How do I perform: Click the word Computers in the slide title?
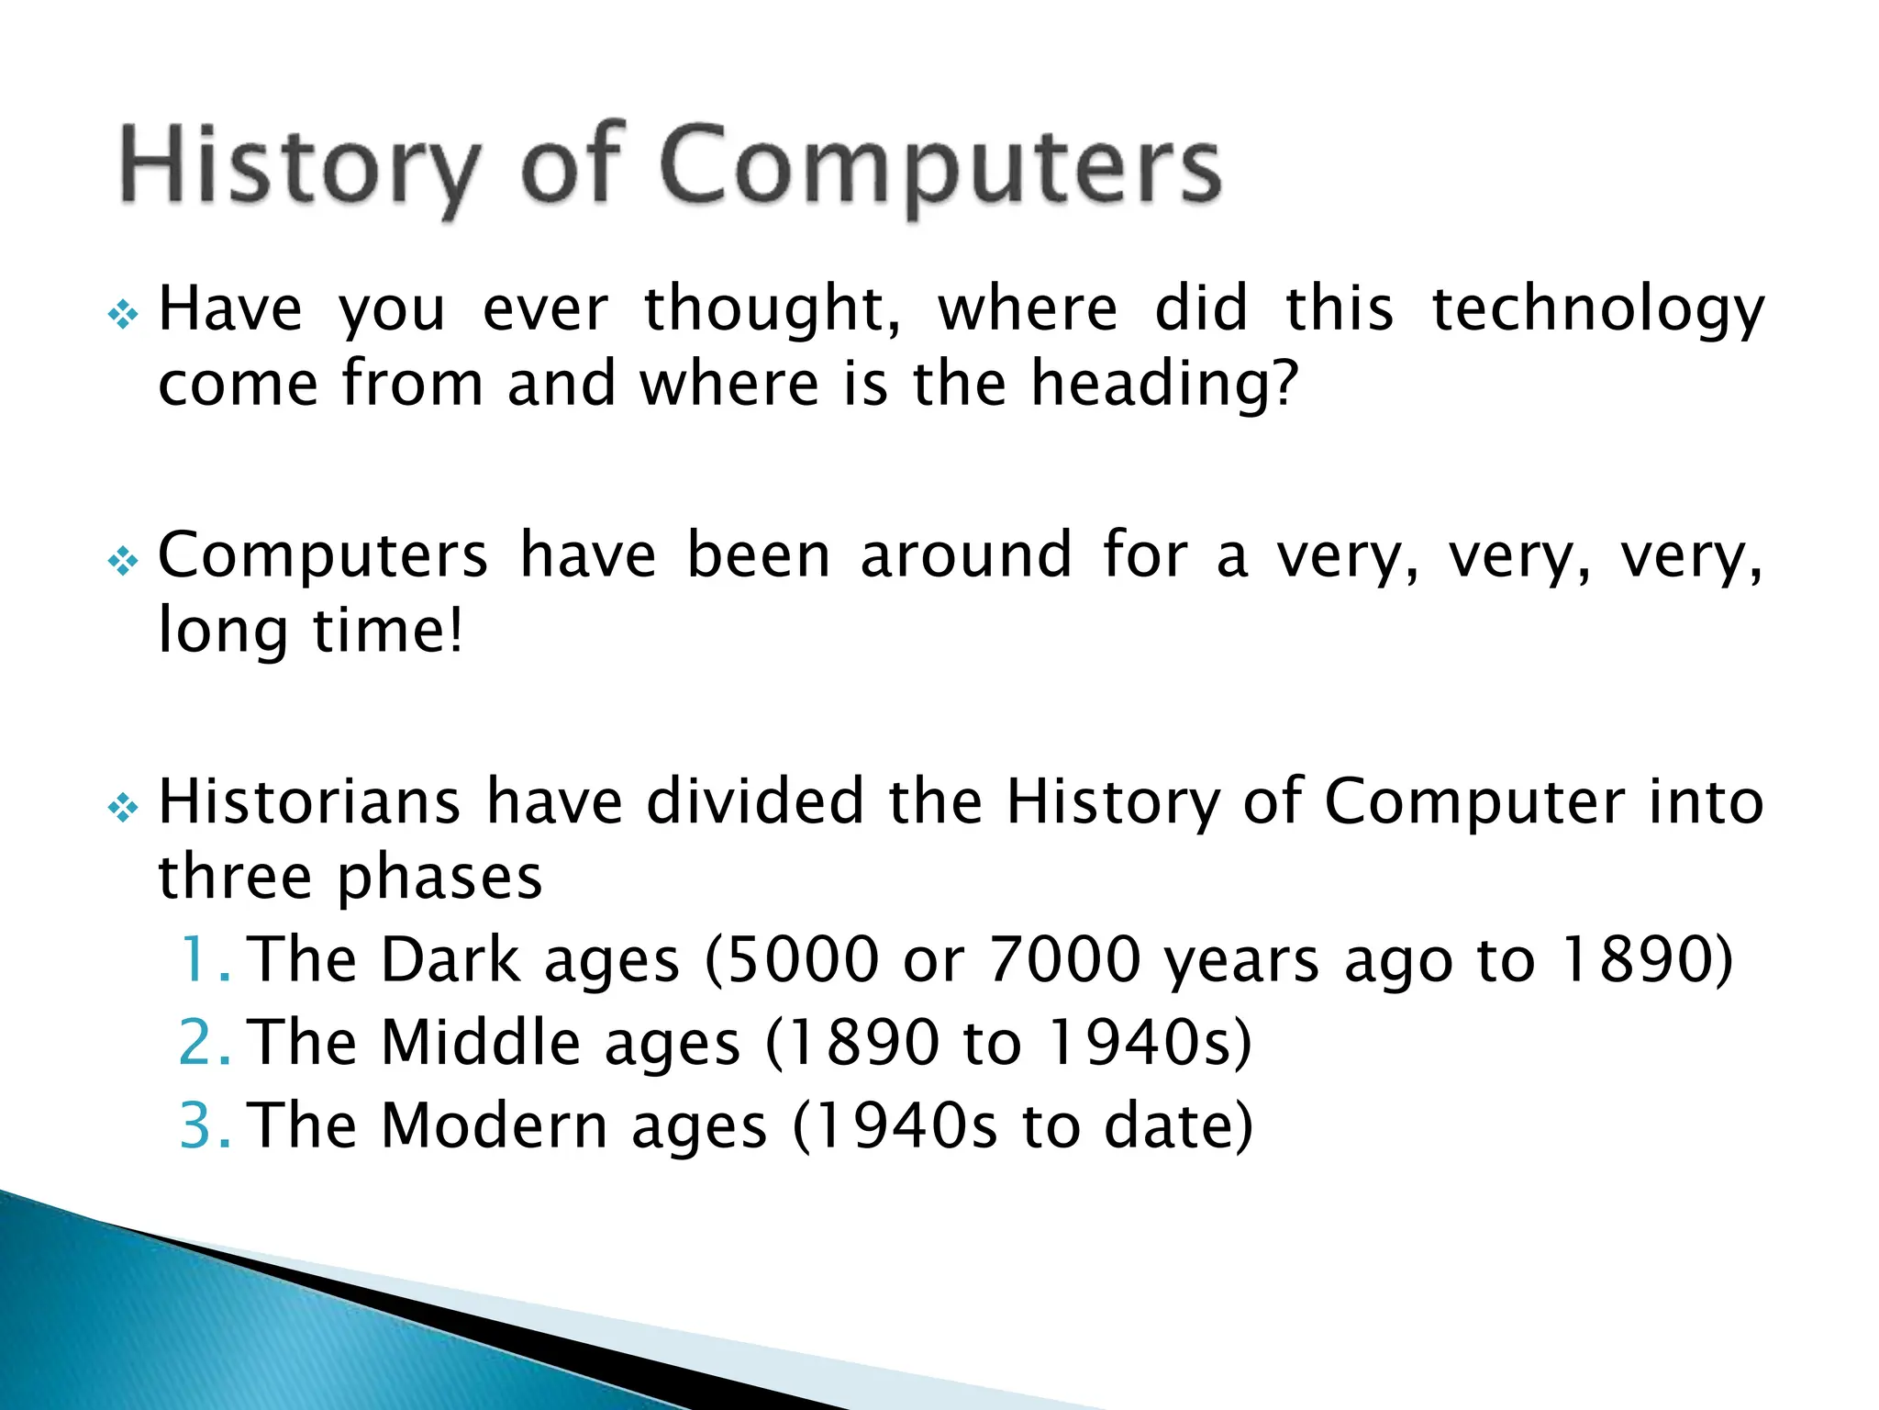(939, 168)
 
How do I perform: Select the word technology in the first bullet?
(1597, 310)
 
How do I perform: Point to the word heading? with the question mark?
(1165, 384)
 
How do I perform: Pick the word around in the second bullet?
(965, 555)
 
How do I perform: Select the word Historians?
(309, 801)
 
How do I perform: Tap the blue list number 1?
(200, 959)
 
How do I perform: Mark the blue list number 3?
(200, 1125)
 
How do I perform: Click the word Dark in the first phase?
(450, 959)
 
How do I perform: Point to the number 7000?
(1065, 959)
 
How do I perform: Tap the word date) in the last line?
(1177, 1125)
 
